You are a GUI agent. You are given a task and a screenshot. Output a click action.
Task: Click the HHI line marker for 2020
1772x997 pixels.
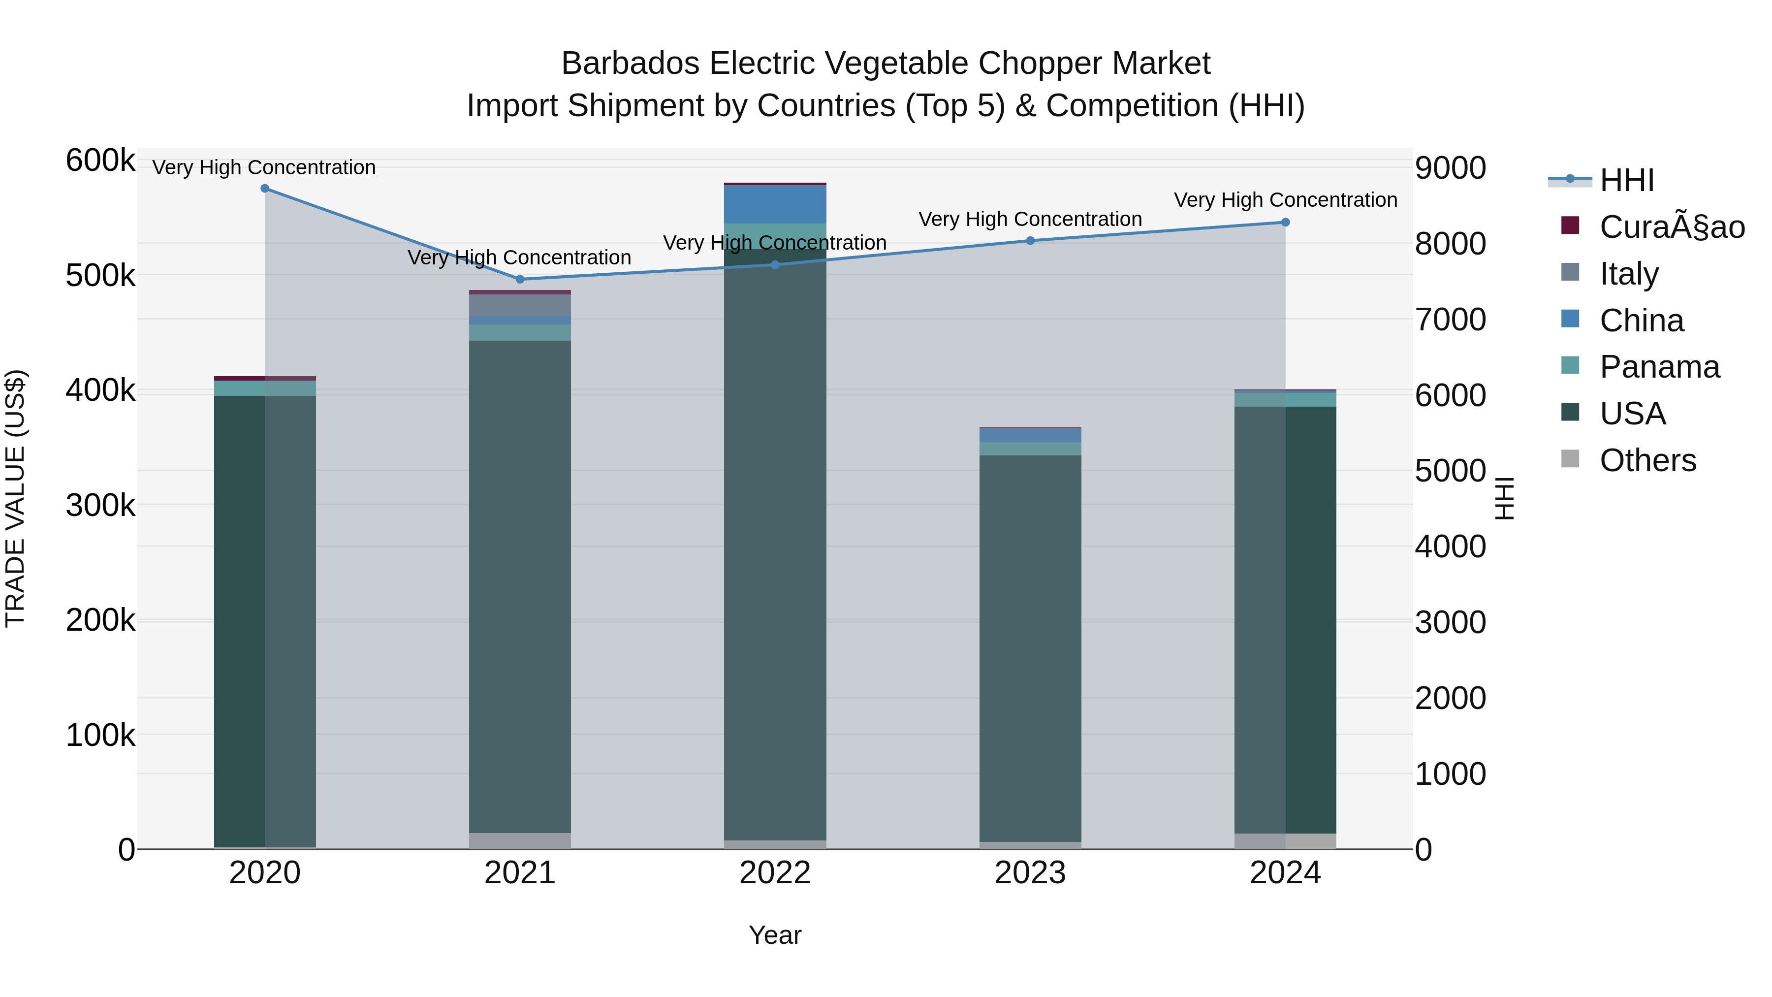[x=265, y=189]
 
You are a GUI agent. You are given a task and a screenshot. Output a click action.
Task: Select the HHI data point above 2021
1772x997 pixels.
[x=520, y=279]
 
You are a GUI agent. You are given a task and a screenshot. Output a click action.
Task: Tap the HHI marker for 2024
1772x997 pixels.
[x=1285, y=222]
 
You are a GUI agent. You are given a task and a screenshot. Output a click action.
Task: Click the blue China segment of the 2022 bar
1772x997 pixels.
[x=775, y=204]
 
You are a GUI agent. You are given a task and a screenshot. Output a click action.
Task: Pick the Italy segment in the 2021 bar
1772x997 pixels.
[x=520, y=305]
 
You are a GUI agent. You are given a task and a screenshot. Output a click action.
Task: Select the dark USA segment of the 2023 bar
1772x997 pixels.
[x=1030, y=647]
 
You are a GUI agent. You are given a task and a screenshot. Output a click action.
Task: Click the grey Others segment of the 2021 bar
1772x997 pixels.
[x=520, y=841]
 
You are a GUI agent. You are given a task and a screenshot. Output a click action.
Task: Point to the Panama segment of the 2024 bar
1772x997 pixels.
[x=1285, y=399]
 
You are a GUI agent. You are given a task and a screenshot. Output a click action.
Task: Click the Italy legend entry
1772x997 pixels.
[x=1628, y=273]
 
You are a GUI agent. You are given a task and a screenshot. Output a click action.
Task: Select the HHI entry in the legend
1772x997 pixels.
[x=1626, y=180]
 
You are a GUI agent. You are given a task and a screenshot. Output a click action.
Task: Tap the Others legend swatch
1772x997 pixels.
[x=1571, y=459]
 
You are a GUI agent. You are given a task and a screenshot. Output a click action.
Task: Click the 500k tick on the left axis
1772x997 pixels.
[x=100, y=276]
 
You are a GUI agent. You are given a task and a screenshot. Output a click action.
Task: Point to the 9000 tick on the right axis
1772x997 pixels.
[x=1450, y=168]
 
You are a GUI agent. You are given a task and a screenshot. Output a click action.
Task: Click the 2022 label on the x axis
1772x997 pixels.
[x=775, y=873]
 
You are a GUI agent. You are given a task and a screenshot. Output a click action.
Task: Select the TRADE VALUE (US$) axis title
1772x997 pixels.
[x=15, y=498]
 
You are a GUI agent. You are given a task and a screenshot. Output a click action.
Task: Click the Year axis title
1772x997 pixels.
[x=775, y=935]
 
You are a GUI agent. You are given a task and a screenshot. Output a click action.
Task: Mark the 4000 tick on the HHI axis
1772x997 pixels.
[x=1450, y=547]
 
